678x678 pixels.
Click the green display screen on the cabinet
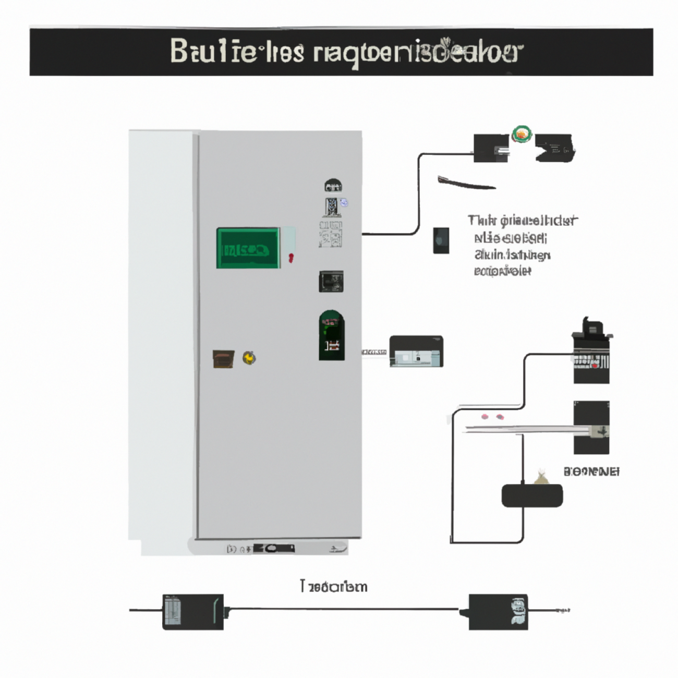click(248, 248)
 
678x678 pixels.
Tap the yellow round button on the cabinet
click(249, 358)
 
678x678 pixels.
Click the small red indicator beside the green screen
click(290, 257)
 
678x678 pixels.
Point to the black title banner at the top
click(341, 52)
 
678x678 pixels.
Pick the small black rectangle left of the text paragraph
click(441, 240)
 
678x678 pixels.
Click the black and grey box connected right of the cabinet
click(416, 351)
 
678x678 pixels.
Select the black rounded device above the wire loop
click(532, 495)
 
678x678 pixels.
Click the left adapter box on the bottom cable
click(192, 611)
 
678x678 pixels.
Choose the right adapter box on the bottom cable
click(498, 611)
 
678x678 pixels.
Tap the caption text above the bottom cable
click(334, 587)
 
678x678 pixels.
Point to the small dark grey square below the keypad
click(331, 282)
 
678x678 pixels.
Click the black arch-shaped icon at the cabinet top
click(333, 185)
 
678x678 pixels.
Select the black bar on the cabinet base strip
click(274, 548)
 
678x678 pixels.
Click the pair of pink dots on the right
click(492, 417)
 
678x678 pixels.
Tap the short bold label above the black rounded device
click(591, 472)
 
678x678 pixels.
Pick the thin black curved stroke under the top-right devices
click(466, 182)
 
